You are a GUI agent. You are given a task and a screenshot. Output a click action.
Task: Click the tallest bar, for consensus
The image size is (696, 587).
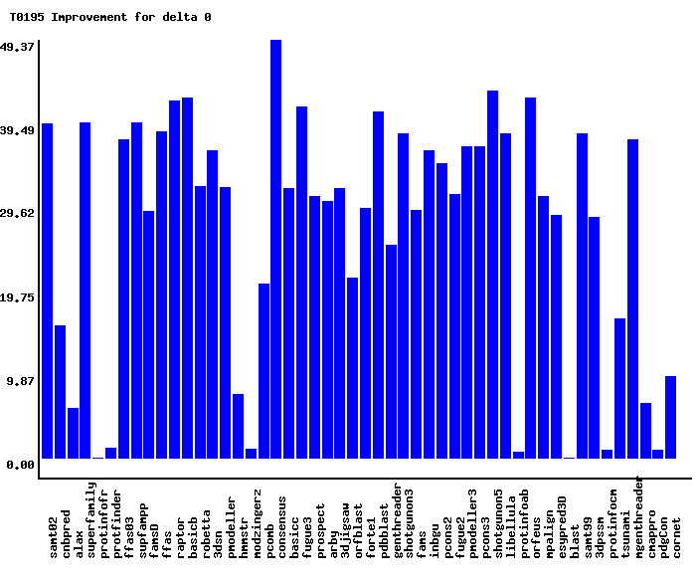coord(275,249)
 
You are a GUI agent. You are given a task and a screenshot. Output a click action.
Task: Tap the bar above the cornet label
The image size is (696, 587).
coord(671,417)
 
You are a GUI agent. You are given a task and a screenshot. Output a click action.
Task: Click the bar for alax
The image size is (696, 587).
coord(74,433)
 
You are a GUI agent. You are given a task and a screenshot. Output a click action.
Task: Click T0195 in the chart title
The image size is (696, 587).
coord(27,17)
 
